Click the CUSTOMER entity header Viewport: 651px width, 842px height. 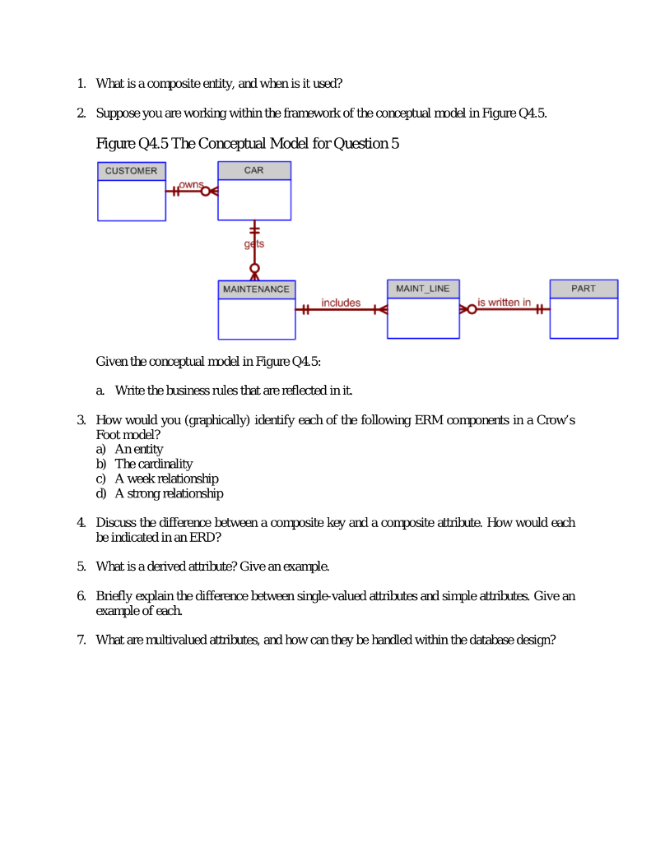pyautogui.click(x=131, y=171)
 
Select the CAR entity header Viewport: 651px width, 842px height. pyautogui.click(x=254, y=170)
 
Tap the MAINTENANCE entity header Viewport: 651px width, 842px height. pyautogui.click(x=256, y=289)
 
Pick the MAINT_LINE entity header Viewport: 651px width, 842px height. pyautogui.click(x=423, y=289)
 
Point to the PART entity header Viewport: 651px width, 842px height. pyautogui.click(x=584, y=289)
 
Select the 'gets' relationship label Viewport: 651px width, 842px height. pyautogui.click(x=253, y=244)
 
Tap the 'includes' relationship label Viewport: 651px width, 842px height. pyautogui.click(x=340, y=303)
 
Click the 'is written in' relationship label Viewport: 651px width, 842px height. pyautogui.click(x=504, y=303)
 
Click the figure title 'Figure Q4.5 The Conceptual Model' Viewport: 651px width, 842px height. pyautogui.click(x=248, y=144)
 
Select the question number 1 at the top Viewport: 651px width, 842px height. pyautogui.click(x=81, y=83)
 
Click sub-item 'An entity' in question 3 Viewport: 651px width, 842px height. pyautogui.click(x=138, y=449)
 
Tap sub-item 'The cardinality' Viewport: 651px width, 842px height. pyautogui.click(x=153, y=464)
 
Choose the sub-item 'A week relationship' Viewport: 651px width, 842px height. pyautogui.click(x=166, y=479)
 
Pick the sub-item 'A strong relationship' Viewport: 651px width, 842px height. pyautogui.click(x=169, y=493)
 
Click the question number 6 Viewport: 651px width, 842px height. pyautogui.click(x=81, y=595)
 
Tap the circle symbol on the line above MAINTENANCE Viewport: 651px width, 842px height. pyautogui.click(x=254, y=268)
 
